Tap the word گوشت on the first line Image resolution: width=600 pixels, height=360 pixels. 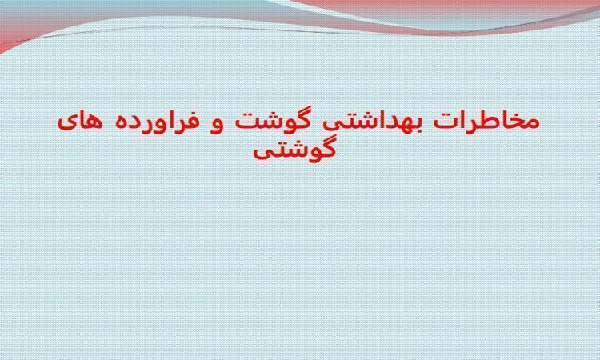click(x=272, y=120)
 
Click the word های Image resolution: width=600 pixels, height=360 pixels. click(x=80, y=122)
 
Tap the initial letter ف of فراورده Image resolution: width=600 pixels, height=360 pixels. click(x=193, y=122)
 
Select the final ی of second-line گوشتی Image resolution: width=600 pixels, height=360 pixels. click(x=262, y=153)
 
